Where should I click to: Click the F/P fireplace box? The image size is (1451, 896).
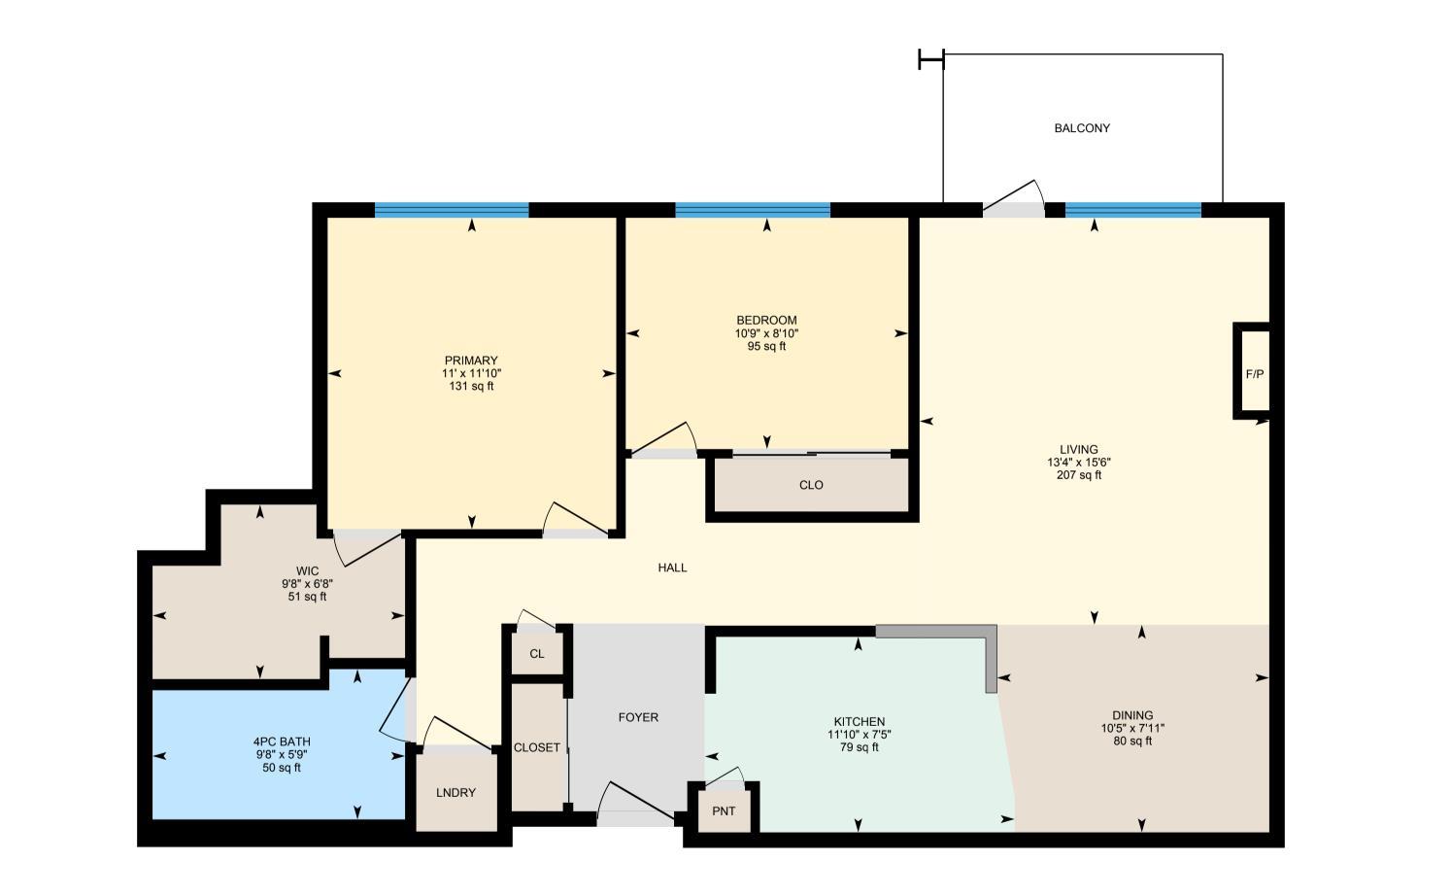(1254, 374)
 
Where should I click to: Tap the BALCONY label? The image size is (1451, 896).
(1082, 128)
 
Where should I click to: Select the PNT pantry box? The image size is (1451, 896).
(724, 811)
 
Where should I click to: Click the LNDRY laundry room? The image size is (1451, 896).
(456, 793)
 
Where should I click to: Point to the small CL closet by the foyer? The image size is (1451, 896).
(537, 654)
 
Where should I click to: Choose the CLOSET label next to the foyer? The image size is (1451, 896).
(537, 747)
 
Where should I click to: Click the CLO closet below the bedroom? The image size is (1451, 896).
(811, 485)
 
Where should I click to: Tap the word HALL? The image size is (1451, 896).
(672, 568)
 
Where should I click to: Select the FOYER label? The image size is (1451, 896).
(638, 717)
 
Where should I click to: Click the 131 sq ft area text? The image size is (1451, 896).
(471, 386)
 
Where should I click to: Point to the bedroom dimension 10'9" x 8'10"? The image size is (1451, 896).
(766, 333)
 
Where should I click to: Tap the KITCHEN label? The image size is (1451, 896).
(860, 721)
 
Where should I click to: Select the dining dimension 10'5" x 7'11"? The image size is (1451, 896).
(1132, 728)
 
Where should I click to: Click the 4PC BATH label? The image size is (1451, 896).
(282, 742)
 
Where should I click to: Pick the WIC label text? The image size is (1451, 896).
(307, 571)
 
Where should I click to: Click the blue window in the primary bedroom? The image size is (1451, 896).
(452, 210)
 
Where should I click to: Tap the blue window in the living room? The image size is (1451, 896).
(1132, 210)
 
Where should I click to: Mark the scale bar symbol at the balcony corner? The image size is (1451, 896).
(930, 60)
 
